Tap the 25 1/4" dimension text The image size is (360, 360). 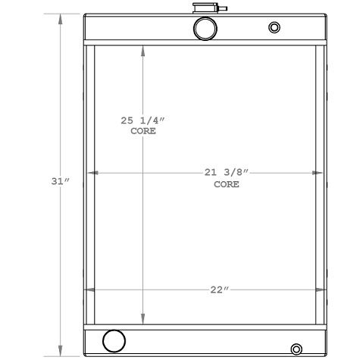coord(142,121)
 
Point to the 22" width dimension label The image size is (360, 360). coord(218,290)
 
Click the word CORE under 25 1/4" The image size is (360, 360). coord(143,131)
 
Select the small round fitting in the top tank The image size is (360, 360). coord(274,28)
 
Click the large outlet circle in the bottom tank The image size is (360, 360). coord(114,341)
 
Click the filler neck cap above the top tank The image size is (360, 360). coord(205,10)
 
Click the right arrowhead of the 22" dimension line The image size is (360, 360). coord(322,290)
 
